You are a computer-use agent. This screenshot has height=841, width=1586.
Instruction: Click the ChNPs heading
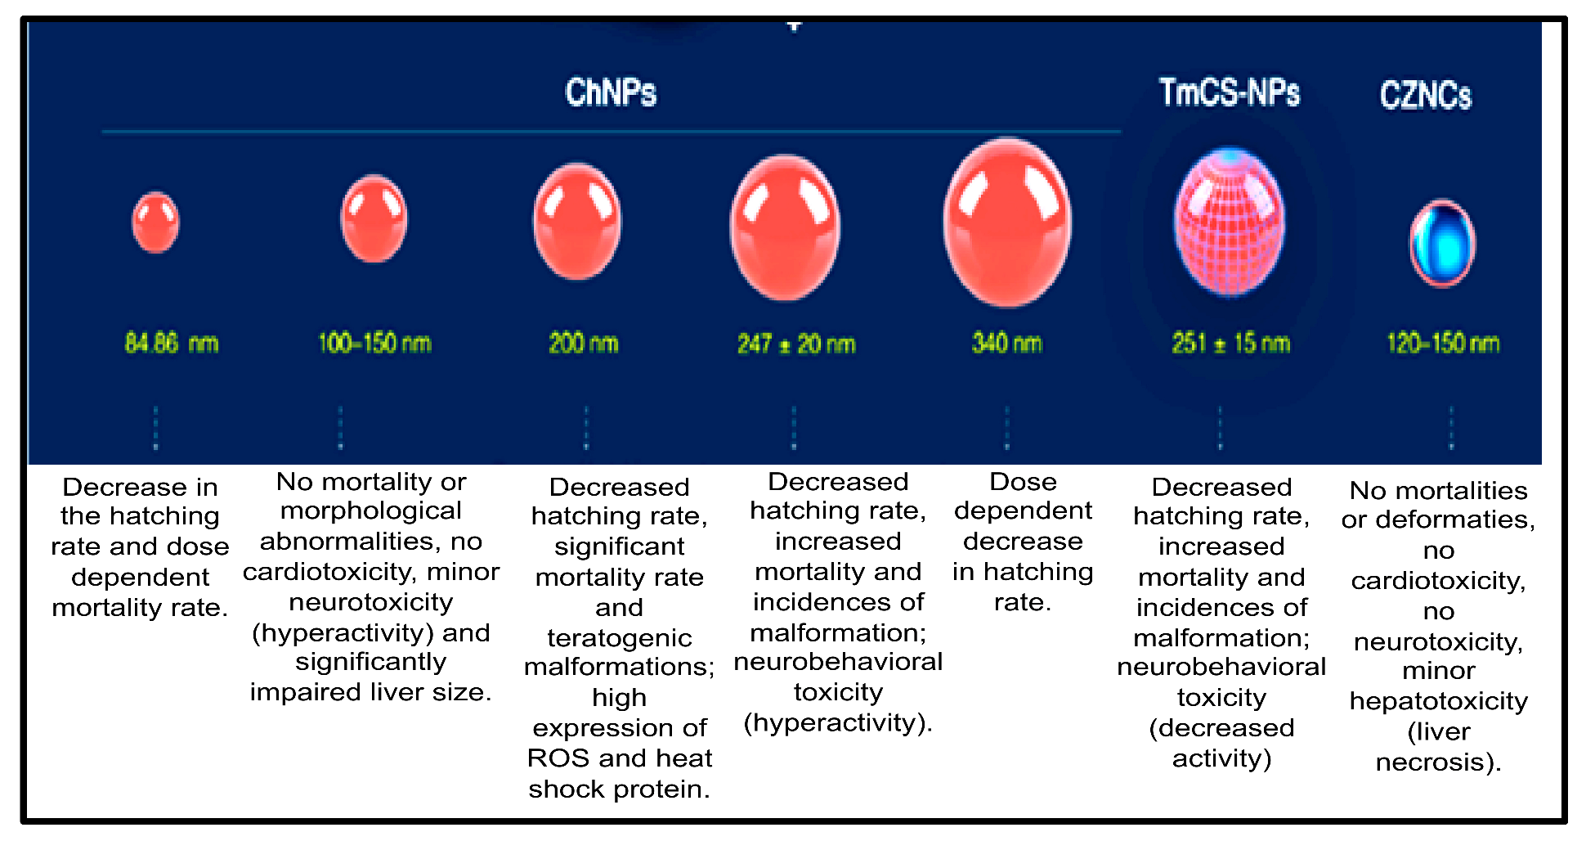coord(611,92)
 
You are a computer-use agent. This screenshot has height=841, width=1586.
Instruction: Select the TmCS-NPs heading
coord(1229,92)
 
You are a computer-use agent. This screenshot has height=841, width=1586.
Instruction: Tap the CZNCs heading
coord(1426,95)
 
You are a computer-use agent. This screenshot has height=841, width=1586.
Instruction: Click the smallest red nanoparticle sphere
coord(155,223)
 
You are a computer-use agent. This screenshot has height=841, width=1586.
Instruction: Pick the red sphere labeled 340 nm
coord(1007,223)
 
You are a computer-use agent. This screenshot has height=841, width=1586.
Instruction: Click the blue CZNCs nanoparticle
coord(1442,244)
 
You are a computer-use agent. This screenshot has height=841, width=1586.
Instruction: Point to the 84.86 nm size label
coord(172,343)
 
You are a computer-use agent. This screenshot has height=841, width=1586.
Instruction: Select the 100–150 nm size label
coord(374,343)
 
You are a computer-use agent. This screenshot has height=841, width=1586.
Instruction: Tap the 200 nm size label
coord(584,343)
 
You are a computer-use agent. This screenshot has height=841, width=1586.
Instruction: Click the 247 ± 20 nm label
coord(796,344)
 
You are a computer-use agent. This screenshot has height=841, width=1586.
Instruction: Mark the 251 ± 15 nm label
coord(1230,343)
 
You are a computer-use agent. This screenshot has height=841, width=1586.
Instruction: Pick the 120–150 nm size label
coord(1443,343)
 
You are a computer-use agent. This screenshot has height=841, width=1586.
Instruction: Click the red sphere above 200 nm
coord(577,223)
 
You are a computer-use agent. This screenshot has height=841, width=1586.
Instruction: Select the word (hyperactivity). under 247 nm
coord(838,723)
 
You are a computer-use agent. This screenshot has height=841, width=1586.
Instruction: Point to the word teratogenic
coord(619,638)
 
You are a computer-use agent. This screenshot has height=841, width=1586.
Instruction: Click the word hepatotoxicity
coord(1438,701)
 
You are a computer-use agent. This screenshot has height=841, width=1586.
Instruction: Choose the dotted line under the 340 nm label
coord(1007,428)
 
